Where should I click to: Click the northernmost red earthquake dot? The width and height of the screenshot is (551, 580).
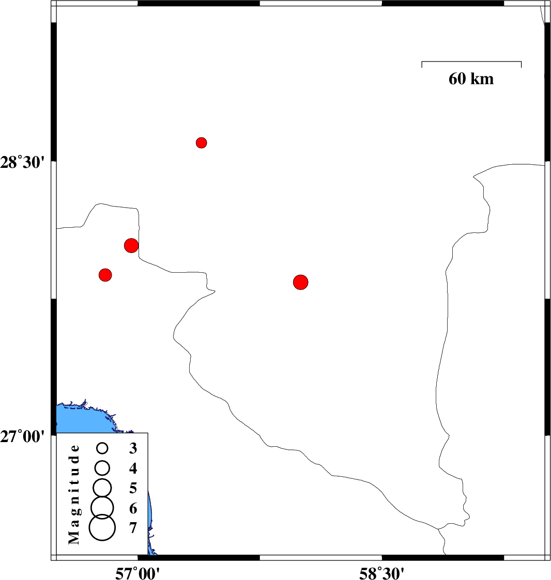201,143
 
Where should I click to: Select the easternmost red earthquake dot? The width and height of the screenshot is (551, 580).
300,282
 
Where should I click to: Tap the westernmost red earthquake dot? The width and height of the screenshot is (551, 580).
105,275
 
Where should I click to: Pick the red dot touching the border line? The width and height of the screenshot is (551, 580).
131,245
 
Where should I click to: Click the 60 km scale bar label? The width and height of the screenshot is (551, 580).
471,79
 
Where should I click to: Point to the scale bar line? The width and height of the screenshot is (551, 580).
471,62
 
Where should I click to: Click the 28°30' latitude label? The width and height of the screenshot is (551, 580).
22,162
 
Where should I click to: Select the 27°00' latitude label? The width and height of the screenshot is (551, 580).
22,437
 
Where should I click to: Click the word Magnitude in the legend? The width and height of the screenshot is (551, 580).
74,495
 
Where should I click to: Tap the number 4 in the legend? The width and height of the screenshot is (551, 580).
133,468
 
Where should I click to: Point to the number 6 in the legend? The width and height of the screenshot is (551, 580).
133,509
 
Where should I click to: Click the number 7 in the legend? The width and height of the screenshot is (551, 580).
133,528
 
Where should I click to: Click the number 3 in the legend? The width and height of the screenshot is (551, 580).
133,448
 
